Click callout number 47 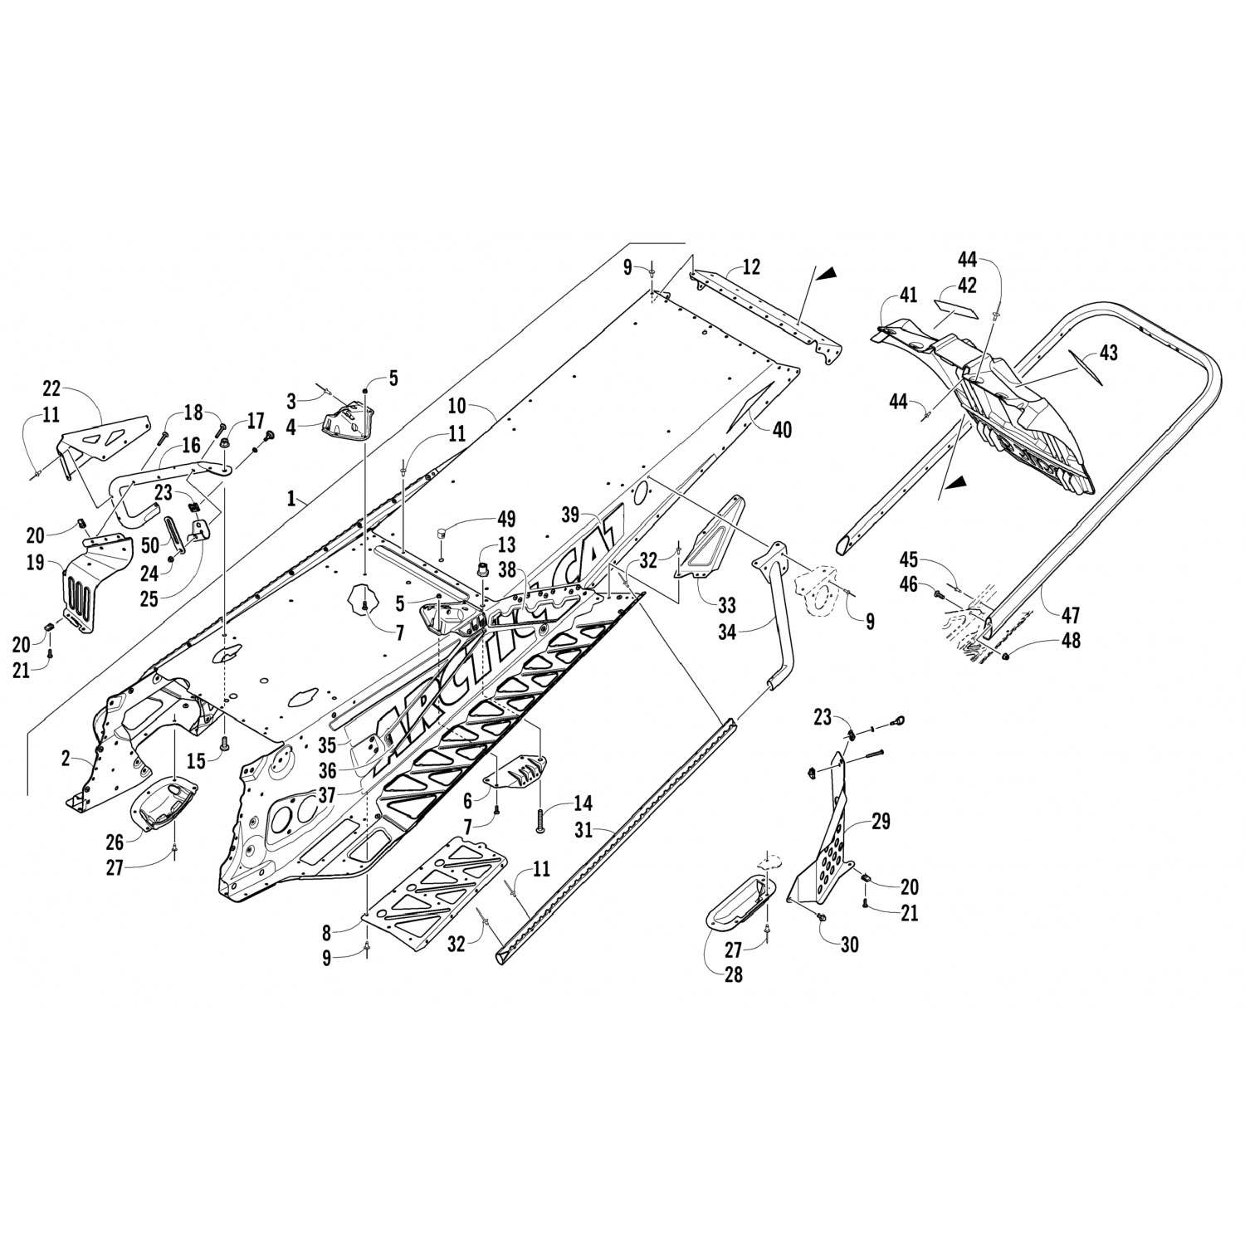1071,615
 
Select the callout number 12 751,267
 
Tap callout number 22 51,388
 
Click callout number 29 880,822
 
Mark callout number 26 114,842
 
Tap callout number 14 583,803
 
